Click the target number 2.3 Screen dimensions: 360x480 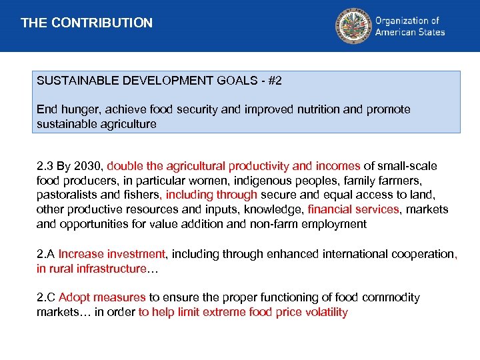tap(45, 166)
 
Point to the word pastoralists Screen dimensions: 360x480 tap(67, 195)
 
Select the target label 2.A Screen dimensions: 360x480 tap(45, 254)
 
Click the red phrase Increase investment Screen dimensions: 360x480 tap(112, 254)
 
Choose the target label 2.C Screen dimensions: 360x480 tap(46, 298)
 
